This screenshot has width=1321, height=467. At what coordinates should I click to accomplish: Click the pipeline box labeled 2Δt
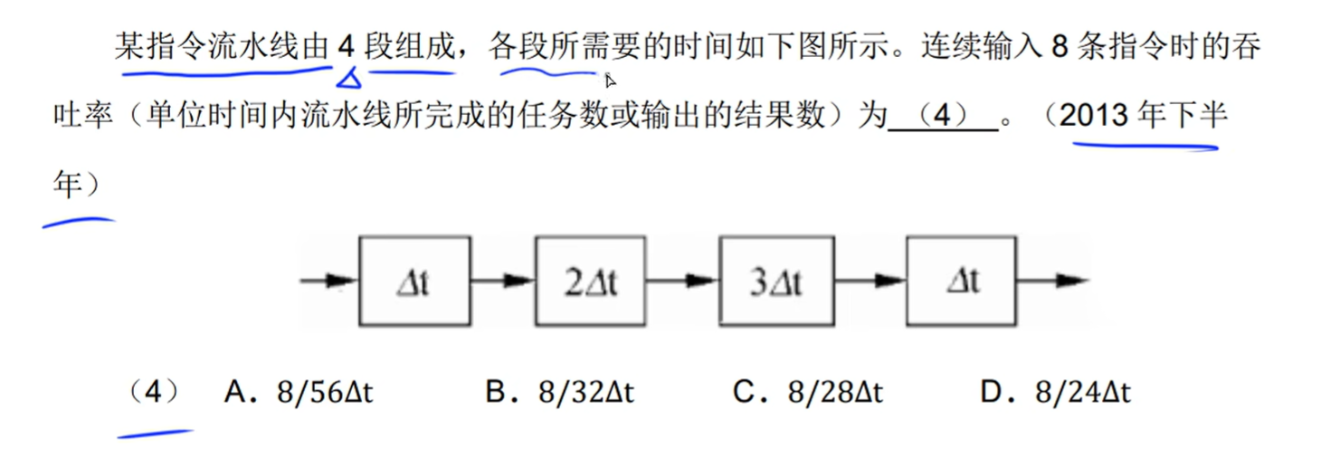(590, 281)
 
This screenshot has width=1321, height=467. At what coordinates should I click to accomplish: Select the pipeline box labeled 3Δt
(776, 281)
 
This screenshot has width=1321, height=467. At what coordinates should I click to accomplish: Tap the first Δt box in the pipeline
(414, 281)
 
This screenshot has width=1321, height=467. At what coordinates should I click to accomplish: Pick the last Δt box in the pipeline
(963, 281)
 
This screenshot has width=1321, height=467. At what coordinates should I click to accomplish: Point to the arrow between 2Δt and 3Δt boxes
(682, 281)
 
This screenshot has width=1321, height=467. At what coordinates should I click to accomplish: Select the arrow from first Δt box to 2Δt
(502, 281)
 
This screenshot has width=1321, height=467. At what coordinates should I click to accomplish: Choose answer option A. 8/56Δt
(299, 393)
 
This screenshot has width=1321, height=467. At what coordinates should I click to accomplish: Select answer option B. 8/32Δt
(560, 393)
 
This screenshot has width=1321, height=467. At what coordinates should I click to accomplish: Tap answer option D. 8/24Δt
(1055, 393)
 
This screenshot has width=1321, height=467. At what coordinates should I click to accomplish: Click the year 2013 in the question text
(1096, 116)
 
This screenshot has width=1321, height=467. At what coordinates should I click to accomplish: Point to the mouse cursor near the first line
(610, 80)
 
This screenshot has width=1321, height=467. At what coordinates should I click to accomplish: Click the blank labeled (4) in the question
(942, 118)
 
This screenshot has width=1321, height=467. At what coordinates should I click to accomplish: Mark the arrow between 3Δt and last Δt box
(870, 281)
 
